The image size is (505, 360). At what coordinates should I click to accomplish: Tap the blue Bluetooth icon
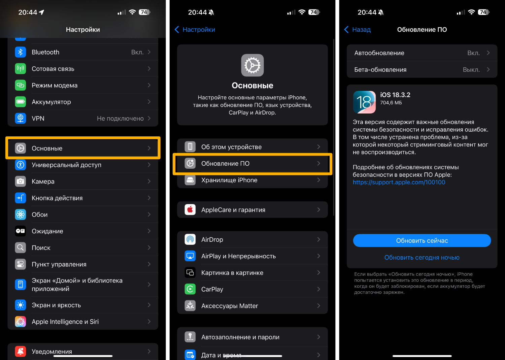pyautogui.click(x=20, y=52)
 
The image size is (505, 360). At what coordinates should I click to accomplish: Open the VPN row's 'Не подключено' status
pyautogui.click(x=120, y=119)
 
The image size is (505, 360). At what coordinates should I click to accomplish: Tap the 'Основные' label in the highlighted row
pyautogui.click(x=47, y=148)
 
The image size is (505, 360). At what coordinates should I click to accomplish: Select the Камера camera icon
pyautogui.click(x=20, y=182)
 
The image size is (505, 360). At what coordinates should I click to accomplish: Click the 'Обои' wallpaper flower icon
pyautogui.click(x=20, y=215)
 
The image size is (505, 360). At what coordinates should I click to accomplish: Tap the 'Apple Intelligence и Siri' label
pyautogui.click(x=65, y=321)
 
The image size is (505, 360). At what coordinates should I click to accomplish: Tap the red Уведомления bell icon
pyautogui.click(x=20, y=351)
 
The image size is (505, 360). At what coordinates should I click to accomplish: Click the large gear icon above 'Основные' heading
pyautogui.click(x=252, y=65)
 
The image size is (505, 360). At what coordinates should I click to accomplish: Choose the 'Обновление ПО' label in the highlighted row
pyautogui.click(x=225, y=163)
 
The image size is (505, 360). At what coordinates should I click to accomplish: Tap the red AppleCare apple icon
pyautogui.click(x=190, y=209)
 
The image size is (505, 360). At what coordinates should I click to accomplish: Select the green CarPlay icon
pyautogui.click(x=190, y=289)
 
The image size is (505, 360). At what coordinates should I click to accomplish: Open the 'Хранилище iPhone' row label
pyautogui.click(x=229, y=180)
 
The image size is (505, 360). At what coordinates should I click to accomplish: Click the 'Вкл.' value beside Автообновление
pyautogui.click(x=473, y=53)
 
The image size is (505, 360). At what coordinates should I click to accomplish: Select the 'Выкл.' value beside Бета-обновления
pyautogui.click(x=471, y=69)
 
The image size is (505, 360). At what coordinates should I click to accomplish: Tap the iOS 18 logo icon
pyautogui.click(x=364, y=102)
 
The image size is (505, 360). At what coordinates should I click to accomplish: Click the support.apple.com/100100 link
pyautogui.click(x=399, y=182)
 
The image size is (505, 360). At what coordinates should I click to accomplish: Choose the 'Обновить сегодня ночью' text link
pyautogui.click(x=422, y=257)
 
